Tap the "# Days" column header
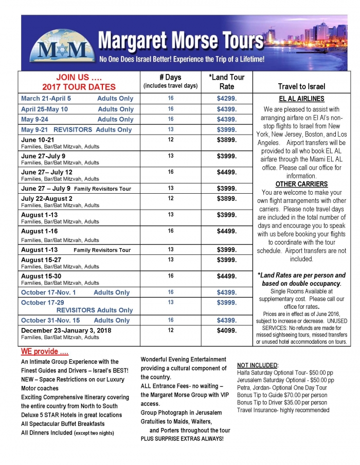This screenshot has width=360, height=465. tap(170, 78)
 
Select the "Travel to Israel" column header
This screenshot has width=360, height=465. tap(301, 86)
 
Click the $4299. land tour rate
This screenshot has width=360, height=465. tap(227, 98)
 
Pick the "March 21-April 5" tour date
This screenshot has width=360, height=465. tap(46, 98)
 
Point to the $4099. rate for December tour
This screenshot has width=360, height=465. tap(227, 330)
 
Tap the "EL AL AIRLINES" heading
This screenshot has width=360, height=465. tap(301, 99)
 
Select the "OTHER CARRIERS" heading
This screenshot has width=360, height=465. tap(301, 184)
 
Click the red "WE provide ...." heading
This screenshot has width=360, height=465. tap(45, 352)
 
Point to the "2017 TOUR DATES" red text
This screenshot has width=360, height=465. tap(79, 87)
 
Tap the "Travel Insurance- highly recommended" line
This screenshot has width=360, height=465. tap(283, 410)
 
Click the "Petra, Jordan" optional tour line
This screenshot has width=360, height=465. tap(282, 387)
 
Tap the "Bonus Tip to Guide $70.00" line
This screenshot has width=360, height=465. tap(282, 395)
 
